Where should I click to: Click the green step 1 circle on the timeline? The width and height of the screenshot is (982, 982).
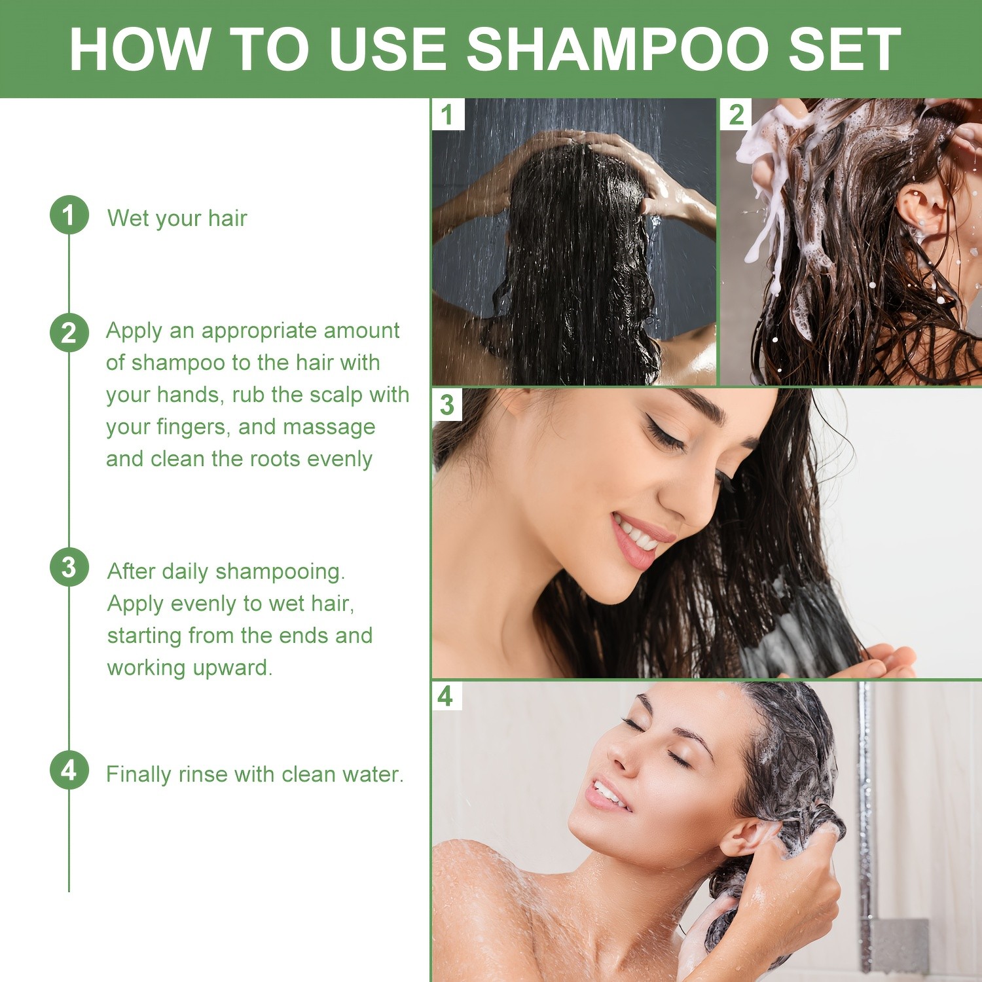point(69,215)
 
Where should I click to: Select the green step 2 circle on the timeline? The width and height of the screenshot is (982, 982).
point(69,333)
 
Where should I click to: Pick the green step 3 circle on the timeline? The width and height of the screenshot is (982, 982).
point(69,567)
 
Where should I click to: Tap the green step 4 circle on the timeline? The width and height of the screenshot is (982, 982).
point(69,770)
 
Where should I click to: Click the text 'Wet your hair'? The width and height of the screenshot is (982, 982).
point(177,218)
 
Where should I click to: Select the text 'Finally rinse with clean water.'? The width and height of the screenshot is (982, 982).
point(255,774)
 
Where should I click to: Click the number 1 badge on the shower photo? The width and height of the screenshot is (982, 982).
point(448,115)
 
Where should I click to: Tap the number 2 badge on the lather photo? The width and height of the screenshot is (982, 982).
point(736,115)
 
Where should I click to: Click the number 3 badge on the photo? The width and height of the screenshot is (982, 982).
point(447,405)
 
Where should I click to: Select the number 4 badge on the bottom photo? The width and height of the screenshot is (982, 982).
point(446,696)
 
